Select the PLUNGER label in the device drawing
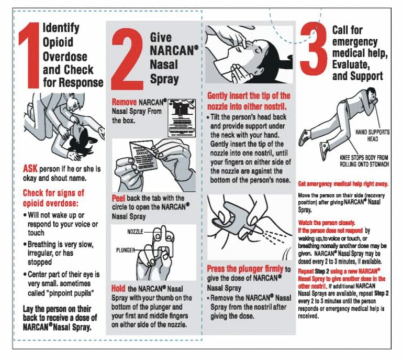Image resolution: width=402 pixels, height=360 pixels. click(x=127, y=250)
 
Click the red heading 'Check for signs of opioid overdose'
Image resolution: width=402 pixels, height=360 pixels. click(x=53, y=198)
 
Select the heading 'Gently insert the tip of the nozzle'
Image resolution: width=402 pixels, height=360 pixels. click(x=248, y=101)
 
